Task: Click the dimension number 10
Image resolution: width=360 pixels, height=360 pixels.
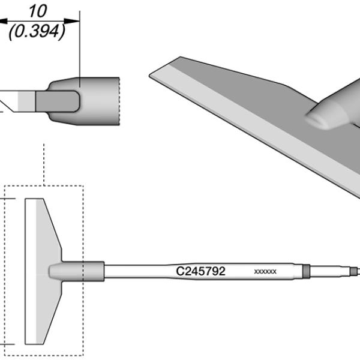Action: (x=38, y=11)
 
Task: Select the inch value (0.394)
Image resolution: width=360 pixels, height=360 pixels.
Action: (x=37, y=31)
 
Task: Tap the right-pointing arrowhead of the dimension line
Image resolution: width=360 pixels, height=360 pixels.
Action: (x=71, y=21)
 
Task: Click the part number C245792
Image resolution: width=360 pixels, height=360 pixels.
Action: (x=200, y=271)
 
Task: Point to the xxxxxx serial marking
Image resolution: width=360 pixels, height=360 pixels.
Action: (x=265, y=272)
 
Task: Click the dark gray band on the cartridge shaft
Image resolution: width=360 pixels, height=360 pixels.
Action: (x=306, y=271)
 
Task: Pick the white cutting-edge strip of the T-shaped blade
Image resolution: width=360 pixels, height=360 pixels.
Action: (x=31, y=271)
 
